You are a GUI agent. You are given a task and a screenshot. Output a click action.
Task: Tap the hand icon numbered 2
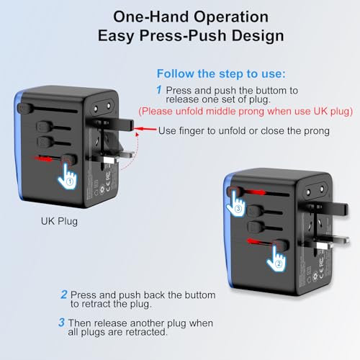276,259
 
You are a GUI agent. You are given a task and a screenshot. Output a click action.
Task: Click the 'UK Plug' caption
59,222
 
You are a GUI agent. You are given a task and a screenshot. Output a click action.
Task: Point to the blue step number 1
159,90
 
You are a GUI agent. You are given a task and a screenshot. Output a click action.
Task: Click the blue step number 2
64,294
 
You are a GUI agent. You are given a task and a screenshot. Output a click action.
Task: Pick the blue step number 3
61,323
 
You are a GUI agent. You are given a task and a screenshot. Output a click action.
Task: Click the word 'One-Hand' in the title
151,17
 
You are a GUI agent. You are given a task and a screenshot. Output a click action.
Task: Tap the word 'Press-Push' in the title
183,36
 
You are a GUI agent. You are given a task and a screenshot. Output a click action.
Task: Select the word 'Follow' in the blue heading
176,73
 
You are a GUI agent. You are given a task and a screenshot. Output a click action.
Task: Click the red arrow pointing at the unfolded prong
145,129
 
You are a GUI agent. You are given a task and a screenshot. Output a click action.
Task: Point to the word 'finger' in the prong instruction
191,131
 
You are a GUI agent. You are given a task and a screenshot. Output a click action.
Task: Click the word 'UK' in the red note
321,111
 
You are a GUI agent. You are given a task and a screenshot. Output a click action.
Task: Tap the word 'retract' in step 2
96,304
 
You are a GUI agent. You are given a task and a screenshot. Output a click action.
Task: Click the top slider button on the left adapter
24,109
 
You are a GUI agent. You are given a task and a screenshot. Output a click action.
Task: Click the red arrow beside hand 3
255,192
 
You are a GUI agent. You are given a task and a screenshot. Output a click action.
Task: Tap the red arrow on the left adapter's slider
42,158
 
